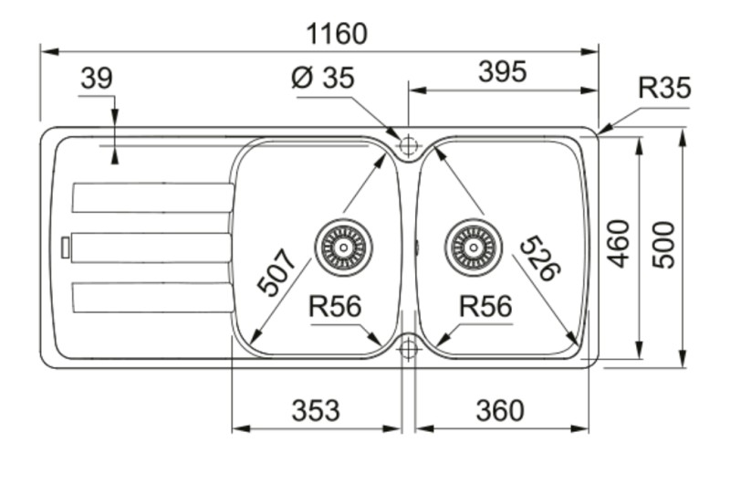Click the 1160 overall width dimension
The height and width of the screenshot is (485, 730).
(x=337, y=34)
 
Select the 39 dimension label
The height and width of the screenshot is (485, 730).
(x=96, y=79)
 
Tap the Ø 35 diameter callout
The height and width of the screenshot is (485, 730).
(x=322, y=79)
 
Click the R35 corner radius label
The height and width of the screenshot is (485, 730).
(x=663, y=89)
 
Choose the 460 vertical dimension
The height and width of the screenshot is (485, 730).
(x=620, y=243)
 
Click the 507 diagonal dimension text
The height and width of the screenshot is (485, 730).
(x=277, y=272)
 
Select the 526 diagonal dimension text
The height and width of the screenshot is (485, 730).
(x=540, y=258)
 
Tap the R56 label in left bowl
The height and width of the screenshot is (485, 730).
(x=335, y=307)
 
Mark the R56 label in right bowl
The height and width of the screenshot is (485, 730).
(x=485, y=307)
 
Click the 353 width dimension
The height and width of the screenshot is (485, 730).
(x=316, y=411)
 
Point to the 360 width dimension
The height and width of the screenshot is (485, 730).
(x=500, y=411)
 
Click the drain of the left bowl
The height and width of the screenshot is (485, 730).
(x=344, y=246)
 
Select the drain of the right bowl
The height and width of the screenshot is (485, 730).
(x=473, y=246)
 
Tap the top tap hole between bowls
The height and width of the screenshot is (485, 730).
(x=408, y=145)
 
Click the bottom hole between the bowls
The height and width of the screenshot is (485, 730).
(x=408, y=348)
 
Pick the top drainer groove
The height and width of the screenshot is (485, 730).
(x=151, y=197)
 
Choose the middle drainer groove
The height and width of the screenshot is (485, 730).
(x=151, y=248)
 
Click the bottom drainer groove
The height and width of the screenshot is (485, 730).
(x=151, y=298)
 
